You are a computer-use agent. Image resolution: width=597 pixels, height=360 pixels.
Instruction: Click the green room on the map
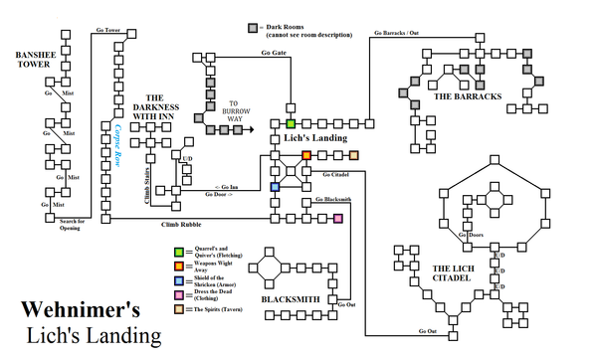point(291,123)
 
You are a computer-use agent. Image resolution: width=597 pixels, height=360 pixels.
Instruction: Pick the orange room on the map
point(306,155)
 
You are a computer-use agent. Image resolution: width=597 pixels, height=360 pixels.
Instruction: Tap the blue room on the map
point(275,187)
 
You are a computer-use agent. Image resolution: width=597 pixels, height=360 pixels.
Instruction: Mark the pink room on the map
point(338,218)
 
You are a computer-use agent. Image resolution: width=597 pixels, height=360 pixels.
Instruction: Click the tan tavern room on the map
point(354,155)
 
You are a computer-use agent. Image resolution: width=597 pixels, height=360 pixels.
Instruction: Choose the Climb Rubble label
point(182,225)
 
